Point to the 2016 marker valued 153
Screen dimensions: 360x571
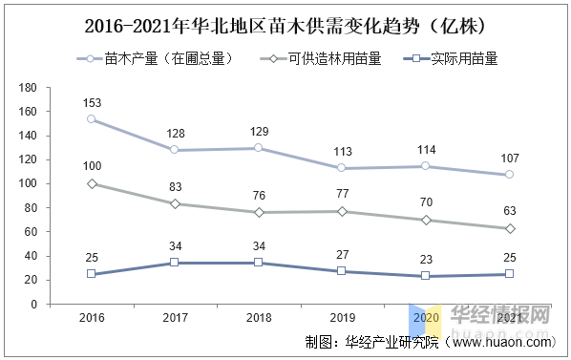tap(92, 119)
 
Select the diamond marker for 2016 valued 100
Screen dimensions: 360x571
tap(92, 183)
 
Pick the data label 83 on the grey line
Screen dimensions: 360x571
tap(175, 187)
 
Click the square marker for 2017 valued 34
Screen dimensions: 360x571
tap(175, 263)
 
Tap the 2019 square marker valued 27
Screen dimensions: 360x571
tap(342, 271)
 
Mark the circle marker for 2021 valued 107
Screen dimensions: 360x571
tap(509, 175)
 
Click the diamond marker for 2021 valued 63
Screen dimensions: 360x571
tap(509, 228)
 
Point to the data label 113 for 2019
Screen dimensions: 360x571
tap(342, 151)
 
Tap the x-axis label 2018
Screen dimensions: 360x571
tap(258, 317)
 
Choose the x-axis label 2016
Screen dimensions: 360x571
tap(92, 317)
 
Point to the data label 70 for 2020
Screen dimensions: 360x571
tap(426, 202)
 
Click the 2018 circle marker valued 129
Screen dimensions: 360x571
tap(258, 148)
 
